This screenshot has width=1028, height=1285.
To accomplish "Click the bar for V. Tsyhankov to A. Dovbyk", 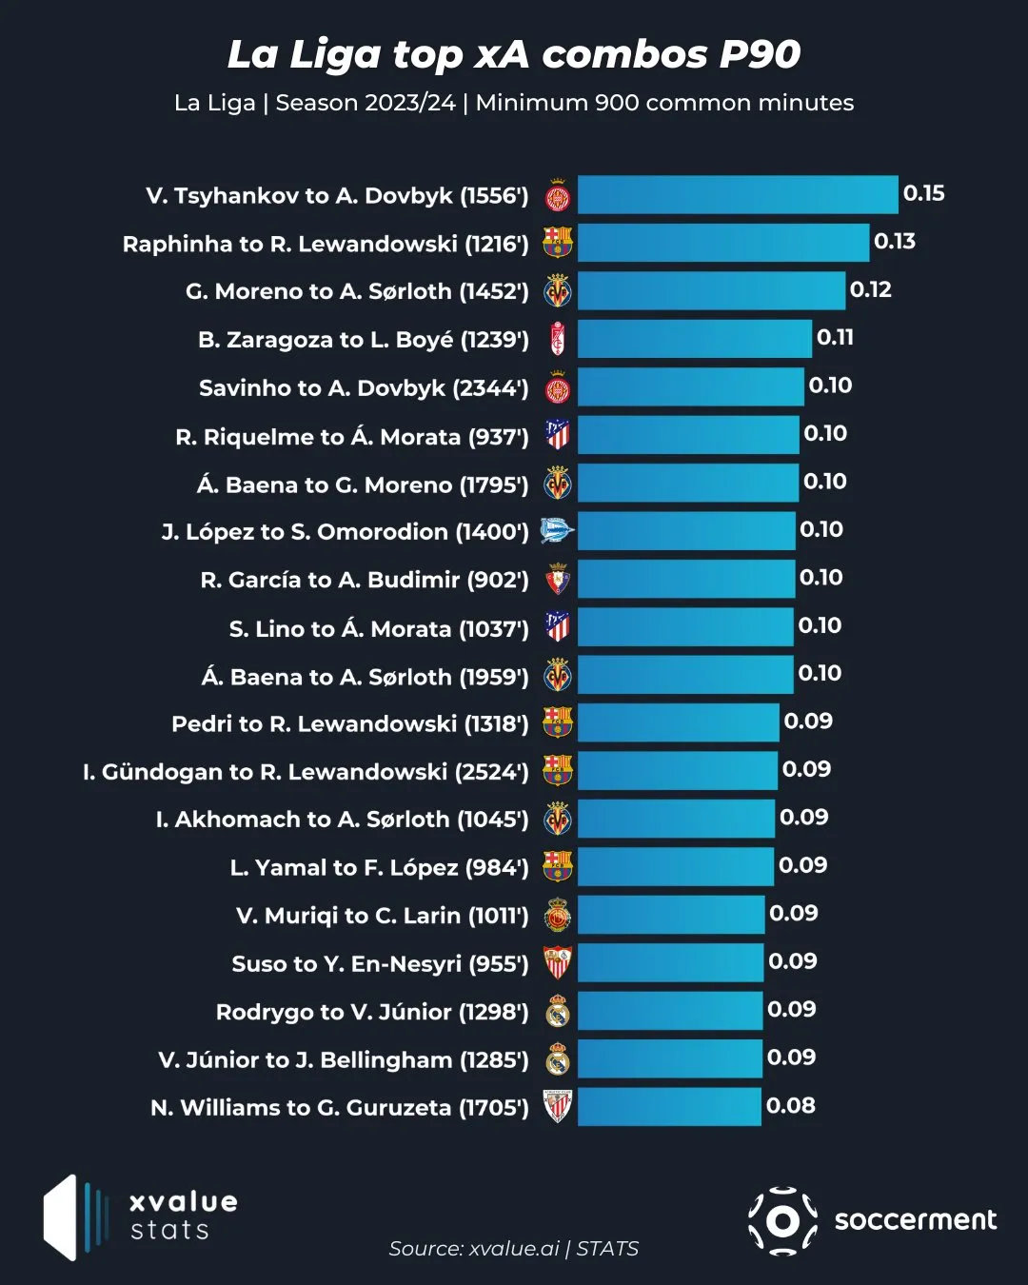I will (x=738, y=195).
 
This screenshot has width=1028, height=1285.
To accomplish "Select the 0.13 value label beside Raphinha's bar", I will (x=895, y=242).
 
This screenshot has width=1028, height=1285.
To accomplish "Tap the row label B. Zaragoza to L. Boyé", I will (x=363, y=340).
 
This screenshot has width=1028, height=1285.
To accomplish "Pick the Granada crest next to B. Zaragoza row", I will (x=558, y=340).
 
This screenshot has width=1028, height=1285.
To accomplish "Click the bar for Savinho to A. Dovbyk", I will (x=690, y=387).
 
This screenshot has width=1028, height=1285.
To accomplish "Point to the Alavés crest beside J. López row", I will (x=557, y=531).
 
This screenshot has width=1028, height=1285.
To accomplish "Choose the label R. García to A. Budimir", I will (x=364, y=580).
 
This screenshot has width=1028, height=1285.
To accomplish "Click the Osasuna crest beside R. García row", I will (x=558, y=580).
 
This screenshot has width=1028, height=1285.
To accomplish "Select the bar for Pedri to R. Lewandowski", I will (x=678, y=723).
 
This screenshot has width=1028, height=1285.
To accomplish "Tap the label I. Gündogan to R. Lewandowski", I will (x=305, y=772).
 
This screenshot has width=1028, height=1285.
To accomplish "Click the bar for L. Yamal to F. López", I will (x=675, y=867).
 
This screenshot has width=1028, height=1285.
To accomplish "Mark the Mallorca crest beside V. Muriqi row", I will (x=558, y=916).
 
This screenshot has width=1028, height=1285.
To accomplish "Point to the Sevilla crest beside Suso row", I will (x=558, y=963).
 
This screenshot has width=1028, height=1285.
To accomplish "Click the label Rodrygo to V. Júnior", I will (x=371, y=1012).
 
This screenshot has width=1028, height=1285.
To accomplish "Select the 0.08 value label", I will (x=791, y=1106).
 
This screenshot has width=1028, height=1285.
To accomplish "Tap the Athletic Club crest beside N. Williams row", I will (x=558, y=1107).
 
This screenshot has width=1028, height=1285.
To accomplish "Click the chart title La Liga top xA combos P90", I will (x=514, y=54).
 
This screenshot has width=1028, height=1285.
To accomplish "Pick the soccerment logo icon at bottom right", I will (x=782, y=1220).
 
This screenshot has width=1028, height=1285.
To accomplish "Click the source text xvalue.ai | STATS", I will (x=514, y=1249).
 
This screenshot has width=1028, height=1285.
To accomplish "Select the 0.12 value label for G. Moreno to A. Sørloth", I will (x=870, y=289).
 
